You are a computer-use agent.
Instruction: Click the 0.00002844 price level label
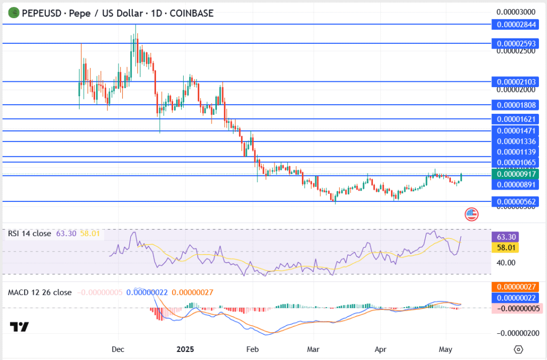pyautogui.click(x=517, y=24)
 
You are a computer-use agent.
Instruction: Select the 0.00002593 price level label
pyautogui.click(x=517, y=43)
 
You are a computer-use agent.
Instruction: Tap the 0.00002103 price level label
pyautogui.click(x=517, y=82)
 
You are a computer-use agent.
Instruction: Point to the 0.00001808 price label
pyautogui.click(x=517, y=105)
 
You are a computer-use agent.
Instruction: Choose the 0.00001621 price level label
pyautogui.click(x=517, y=119)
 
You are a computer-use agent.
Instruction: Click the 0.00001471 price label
pyautogui.click(x=517, y=131)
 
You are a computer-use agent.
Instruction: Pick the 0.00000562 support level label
pyautogui.click(x=517, y=201)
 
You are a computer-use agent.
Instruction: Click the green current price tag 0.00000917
pyautogui.click(x=517, y=174)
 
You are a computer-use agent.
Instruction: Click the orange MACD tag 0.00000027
pyautogui.click(x=517, y=287)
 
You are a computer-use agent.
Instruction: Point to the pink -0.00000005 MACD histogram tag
pyautogui.click(x=517, y=308)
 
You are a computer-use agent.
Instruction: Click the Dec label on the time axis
pyautogui.click(x=118, y=349)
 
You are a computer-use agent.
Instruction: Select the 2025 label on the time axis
pyautogui.click(x=185, y=349)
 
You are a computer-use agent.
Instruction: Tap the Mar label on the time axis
pyautogui.click(x=314, y=349)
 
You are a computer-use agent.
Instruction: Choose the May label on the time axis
pyautogui.click(x=446, y=349)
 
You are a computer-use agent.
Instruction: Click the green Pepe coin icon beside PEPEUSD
pyautogui.click(x=12, y=13)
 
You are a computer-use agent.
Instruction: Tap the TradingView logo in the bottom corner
pyautogui.click(x=19, y=326)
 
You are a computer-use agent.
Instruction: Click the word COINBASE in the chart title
pyautogui.click(x=191, y=13)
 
